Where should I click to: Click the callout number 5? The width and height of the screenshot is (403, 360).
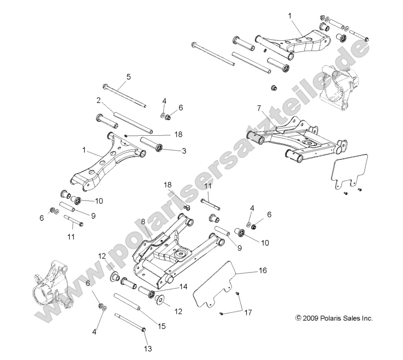pyautogui.click(x=116, y=77)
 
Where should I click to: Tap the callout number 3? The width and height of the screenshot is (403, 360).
pyautogui.click(x=184, y=151)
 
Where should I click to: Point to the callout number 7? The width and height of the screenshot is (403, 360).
pyautogui.click(x=259, y=108)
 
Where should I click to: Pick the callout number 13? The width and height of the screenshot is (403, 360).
pyautogui.click(x=148, y=349)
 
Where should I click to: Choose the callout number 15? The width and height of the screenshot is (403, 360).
pyautogui.click(x=162, y=326)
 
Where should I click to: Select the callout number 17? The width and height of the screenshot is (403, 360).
pyautogui.click(x=248, y=313)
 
